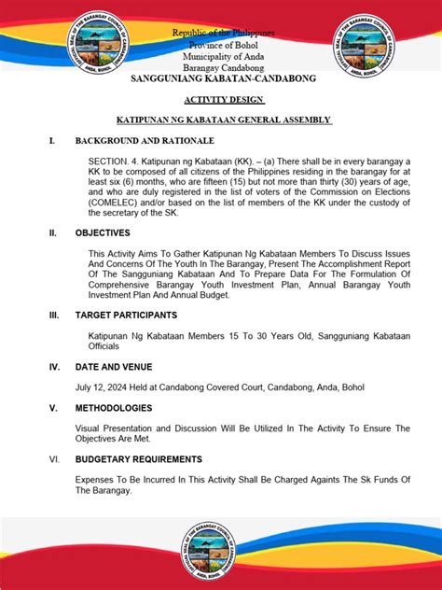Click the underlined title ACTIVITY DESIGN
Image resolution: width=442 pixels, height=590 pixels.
[x=221, y=100]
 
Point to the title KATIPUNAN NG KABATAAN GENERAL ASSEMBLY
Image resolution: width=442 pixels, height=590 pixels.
[x=221, y=120]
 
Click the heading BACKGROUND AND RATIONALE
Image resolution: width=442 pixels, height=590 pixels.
[x=145, y=141]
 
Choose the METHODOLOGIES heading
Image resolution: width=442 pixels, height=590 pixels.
[x=115, y=408]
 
